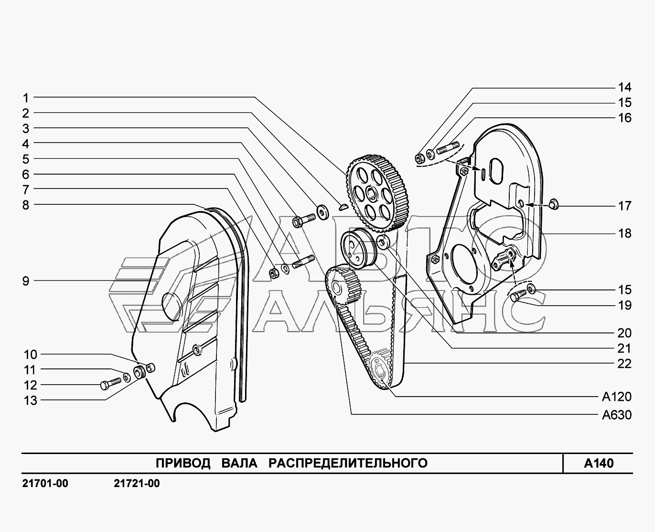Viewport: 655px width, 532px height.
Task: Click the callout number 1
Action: [26, 98]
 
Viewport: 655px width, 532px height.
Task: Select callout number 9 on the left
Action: [26, 281]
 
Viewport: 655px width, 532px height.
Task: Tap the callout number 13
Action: [31, 401]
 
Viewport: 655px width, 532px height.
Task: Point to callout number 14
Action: [624, 88]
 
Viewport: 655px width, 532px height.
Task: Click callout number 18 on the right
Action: [624, 233]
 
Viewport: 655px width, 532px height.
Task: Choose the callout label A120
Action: [616, 397]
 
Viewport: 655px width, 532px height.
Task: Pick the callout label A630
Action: [616, 415]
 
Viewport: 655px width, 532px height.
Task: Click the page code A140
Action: [599, 463]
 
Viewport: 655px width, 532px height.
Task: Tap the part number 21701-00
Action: [45, 484]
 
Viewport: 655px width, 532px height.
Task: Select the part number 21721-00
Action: [137, 484]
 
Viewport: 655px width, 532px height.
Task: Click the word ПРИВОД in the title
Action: [183, 463]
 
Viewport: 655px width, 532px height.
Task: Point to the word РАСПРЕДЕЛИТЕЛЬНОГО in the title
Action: [348, 463]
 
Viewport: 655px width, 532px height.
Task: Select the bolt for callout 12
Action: [111, 384]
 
